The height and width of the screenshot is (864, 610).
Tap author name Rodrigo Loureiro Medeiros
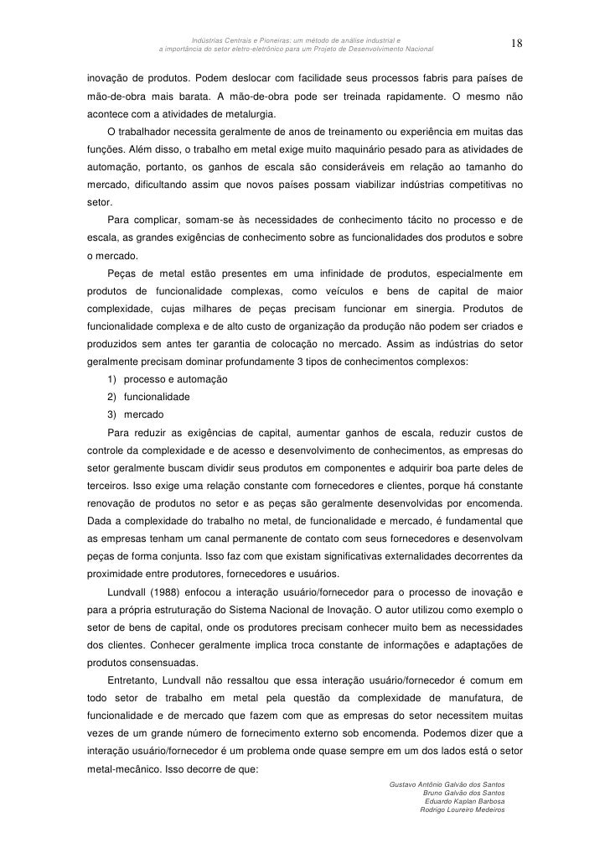462,811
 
